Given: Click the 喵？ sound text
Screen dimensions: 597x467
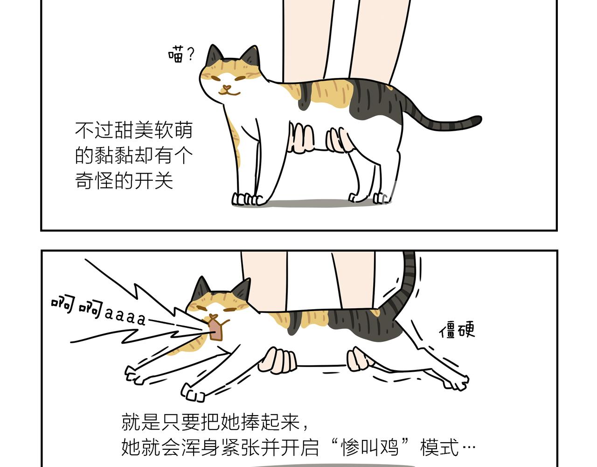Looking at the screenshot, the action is (181, 55).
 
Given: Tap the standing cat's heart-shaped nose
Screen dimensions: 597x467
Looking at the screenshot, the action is (226, 88).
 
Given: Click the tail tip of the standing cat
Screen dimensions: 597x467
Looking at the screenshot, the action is (477, 120).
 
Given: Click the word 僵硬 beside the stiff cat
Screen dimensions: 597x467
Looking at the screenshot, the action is (457, 330).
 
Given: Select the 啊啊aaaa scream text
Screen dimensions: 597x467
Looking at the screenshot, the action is (98, 311).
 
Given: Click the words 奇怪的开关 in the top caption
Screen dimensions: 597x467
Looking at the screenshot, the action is (124, 181).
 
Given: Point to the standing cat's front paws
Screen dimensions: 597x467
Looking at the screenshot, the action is (246, 199).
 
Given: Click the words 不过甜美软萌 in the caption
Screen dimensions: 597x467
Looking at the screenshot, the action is (134, 130).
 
